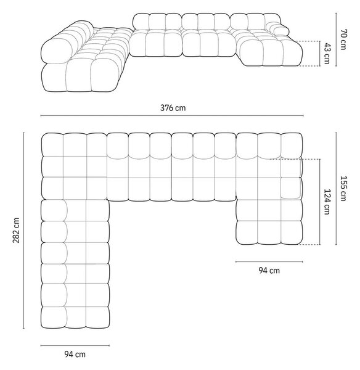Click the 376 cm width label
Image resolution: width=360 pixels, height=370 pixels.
click(x=173, y=108)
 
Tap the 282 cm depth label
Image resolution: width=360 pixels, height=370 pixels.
click(x=16, y=231)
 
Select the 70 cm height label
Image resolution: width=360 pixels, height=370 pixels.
click(x=343, y=39)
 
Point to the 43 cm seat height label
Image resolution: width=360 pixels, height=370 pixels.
click(x=327, y=53)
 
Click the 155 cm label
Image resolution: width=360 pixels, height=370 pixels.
click(x=343, y=189)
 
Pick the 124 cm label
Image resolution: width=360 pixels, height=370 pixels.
click(x=327, y=202)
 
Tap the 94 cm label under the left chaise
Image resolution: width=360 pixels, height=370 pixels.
click(x=75, y=354)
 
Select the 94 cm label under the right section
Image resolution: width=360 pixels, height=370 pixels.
click(x=269, y=270)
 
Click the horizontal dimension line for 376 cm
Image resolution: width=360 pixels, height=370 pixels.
click(x=172, y=116)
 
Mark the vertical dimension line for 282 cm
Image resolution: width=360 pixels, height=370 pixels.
click(x=23, y=230)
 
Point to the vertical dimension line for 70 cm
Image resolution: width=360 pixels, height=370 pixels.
click(x=336, y=39)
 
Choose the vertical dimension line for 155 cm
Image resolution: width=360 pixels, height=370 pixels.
click(x=336, y=189)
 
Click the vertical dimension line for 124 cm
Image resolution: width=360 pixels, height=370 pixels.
click(x=320, y=202)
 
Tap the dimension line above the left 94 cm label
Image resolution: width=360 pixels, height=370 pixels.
click(x=75, y=346)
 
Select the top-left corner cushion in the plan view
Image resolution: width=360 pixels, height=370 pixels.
click(x=52, y=145)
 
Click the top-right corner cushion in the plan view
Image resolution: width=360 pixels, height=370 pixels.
click(x=292, y=145)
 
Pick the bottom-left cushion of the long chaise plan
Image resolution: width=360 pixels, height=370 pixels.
click(x=54, y=318)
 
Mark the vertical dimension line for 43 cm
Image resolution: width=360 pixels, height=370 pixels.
click(x=320, y=54)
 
